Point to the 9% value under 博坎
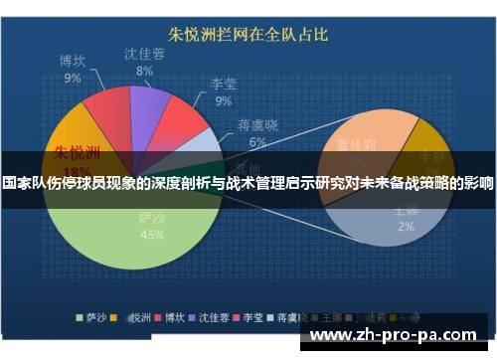click(x=74, y=77)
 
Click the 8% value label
click(x=145, y=71)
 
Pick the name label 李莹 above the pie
click(x=224, y=84)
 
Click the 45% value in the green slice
click(x=152, y=235)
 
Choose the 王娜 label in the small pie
click(x=406, y=211)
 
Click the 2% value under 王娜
click(x=406, y=227)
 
